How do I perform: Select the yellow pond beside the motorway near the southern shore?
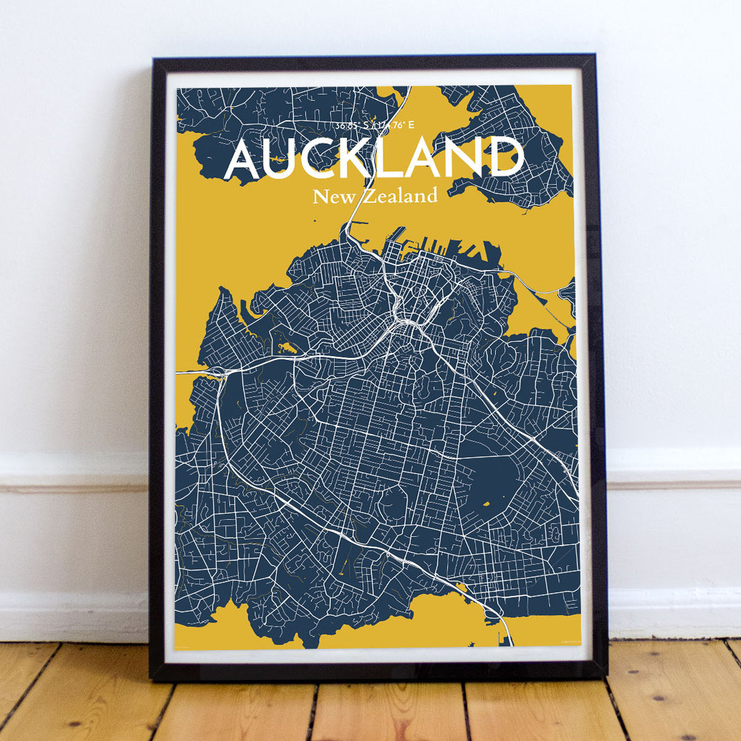pos(461,587)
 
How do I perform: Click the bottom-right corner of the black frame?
pos(605,679)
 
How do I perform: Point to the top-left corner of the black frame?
pos(153,60)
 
